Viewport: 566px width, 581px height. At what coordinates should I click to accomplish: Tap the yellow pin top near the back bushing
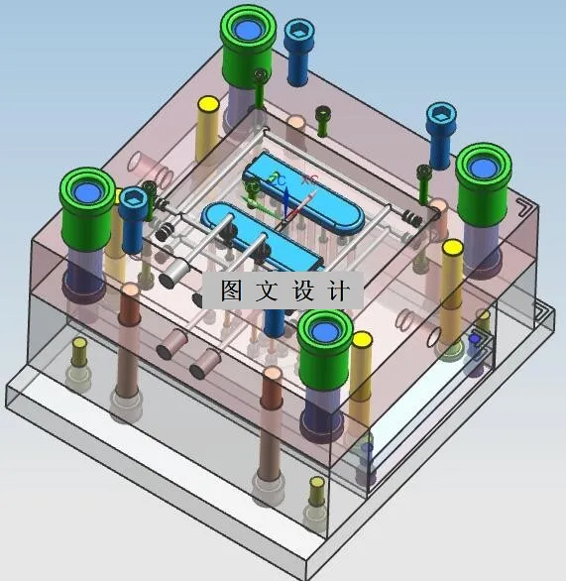pos(208,103)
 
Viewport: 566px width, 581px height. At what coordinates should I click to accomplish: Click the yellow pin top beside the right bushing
pos(452,248)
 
